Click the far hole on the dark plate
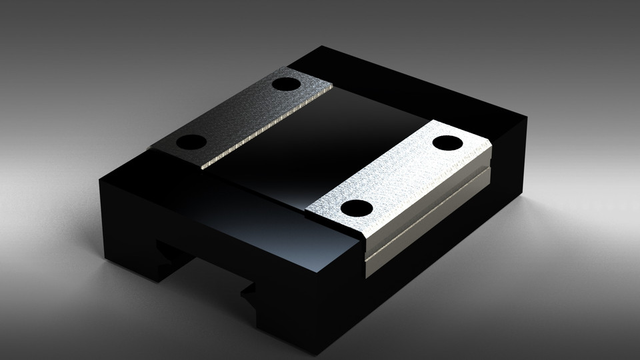[x=286, y=85]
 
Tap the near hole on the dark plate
[x=192, y=142]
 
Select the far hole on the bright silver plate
[x=447, y=143]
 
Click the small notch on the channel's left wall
[x=164, y=252]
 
